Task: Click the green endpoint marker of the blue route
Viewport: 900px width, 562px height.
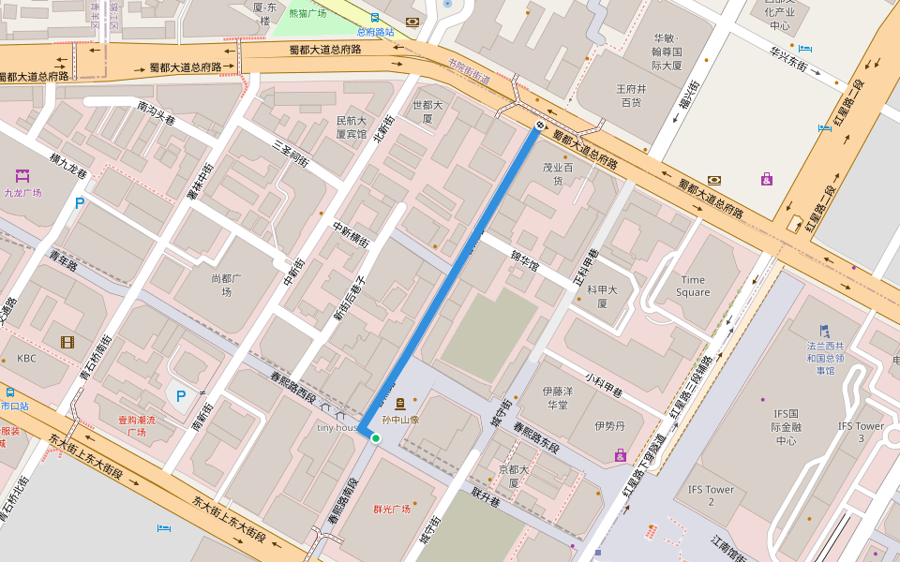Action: click(x=375, y=437)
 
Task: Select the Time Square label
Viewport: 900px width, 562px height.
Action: click(x=693, y=286)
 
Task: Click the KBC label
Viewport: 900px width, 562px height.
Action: click(x=26, y=359)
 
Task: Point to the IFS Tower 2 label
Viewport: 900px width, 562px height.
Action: click(x=711, y=495)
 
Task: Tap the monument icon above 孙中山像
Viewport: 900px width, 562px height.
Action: click(x=400, y=404)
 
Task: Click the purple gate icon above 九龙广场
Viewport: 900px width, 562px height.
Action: click(x=22, y=175)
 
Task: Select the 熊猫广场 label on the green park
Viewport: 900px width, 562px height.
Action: click(x=307, y=14)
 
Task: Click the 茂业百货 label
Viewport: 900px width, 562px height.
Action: click(x=557, y=173)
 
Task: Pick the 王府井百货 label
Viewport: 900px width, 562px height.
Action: click(x=630, y=95)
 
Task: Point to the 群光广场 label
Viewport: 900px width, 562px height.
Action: click(x=392, y=510)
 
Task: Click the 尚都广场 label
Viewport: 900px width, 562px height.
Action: click(x=220, y=285)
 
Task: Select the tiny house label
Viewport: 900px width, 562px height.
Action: click(x=337, y=427)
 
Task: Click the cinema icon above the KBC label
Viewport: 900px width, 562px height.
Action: click(x=67, y=342)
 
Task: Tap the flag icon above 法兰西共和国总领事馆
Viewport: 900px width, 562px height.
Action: click(x=825, y=330)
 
